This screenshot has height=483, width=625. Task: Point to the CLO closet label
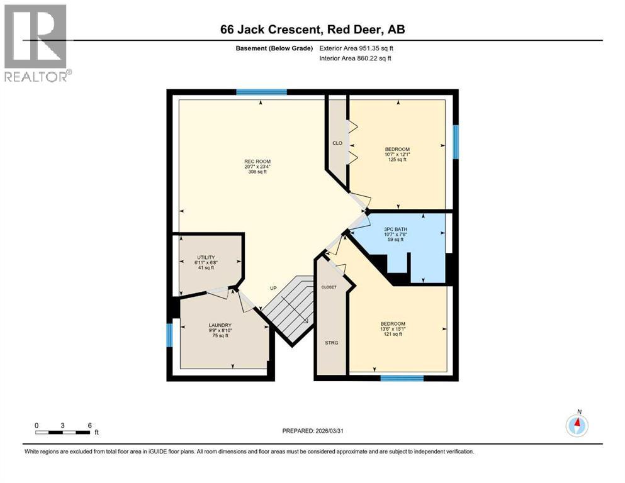pos(337,143)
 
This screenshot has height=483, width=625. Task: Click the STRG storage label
pos(331,343)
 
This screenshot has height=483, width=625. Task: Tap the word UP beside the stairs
pos(273,288)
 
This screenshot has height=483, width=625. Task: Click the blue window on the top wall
pos(257,92)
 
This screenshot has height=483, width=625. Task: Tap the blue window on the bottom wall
pos(402,377)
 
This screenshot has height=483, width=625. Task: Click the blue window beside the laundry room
pos(169,335)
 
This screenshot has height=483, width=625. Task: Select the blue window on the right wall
pos(456,142)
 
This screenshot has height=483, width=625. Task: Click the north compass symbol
pos(577,426)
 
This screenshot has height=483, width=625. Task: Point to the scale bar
pos(62,432)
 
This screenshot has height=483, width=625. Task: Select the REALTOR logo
pos(37,43)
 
